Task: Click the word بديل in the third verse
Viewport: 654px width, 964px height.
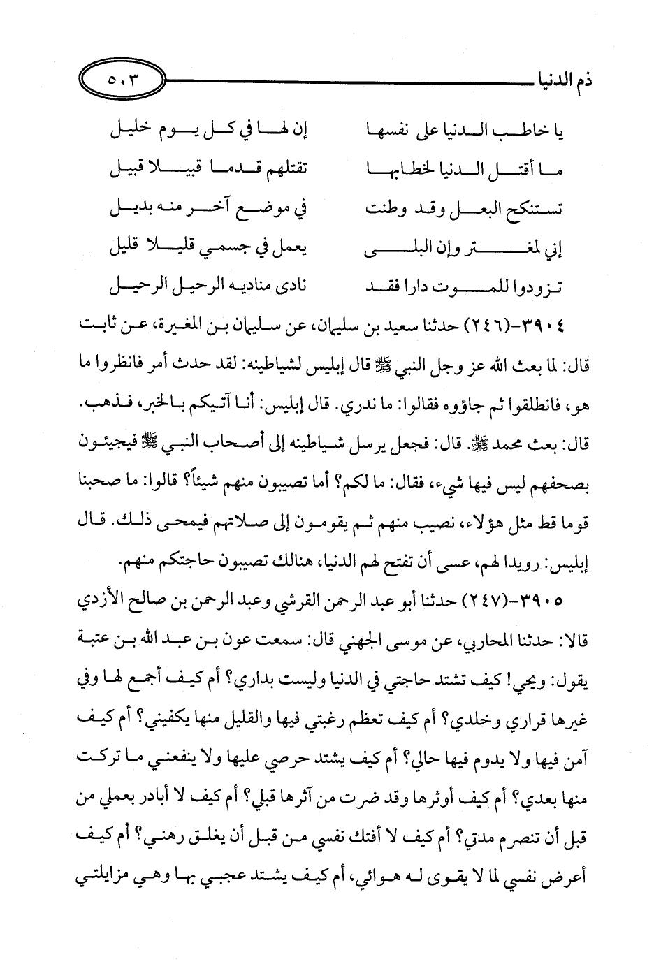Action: [133, 208]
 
